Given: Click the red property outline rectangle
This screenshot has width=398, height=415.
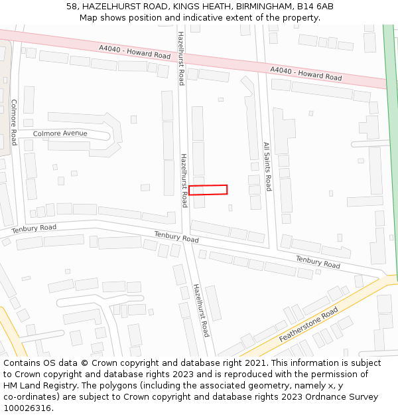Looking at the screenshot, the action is pos(208,190).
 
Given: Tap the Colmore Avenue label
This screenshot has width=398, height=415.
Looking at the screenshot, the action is pos(60,133).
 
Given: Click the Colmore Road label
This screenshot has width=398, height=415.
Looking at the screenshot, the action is pos(13,122).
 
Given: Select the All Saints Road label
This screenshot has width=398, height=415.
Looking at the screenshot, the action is pos(267,166).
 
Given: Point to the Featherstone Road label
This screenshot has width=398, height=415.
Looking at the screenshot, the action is pos(308,325).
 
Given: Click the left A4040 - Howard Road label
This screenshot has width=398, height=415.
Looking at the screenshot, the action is pos(135,52).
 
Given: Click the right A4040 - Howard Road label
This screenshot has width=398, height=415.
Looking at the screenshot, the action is pos(306,74).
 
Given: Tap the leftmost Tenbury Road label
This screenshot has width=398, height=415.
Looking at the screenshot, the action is pos(34,228).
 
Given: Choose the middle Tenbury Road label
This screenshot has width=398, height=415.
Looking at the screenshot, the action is pos(176,237).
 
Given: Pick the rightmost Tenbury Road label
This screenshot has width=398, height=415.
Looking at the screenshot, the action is pos(318,262).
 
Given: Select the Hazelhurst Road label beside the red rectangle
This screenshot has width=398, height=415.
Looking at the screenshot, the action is pos(184,180).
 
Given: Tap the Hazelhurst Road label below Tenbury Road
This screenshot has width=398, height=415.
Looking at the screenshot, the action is pos(201,310).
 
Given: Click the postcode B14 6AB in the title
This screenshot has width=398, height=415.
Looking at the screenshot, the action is pos(315,7).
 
